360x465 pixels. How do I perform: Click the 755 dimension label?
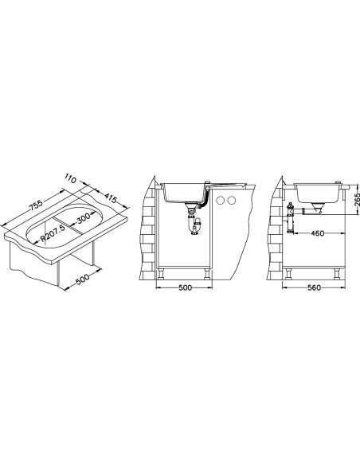(x=37, y=205)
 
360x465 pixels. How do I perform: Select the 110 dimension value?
(x=71, y=178)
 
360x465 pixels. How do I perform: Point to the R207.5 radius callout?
(x=53, y=233)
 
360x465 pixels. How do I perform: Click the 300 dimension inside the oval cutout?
(x=83, y=219)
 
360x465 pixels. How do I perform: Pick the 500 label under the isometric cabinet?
(x=82, y=279)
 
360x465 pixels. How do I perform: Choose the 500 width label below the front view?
(x=186, y=287)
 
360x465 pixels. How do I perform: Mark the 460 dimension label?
(x=317, y=233)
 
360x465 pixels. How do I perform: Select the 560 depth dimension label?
(x=314, y=287)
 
